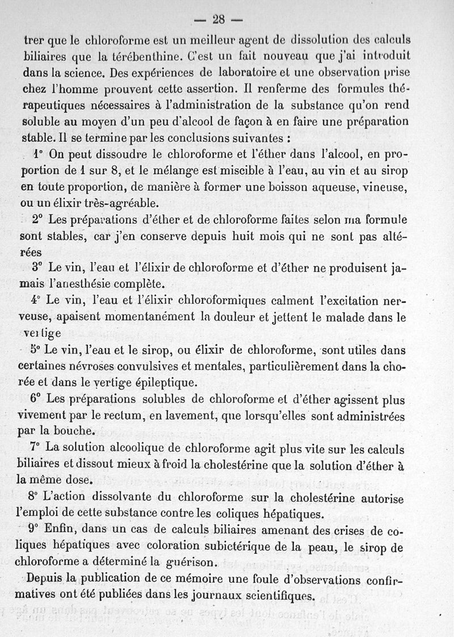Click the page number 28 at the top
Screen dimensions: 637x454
219,19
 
